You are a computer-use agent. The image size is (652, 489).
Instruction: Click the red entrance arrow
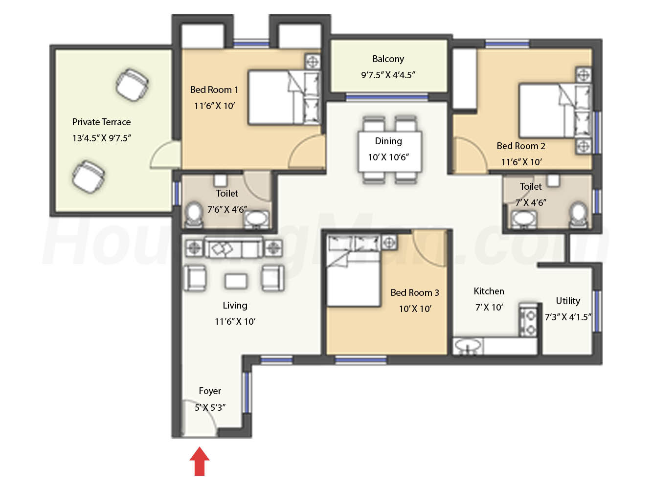click(x=199, y=461)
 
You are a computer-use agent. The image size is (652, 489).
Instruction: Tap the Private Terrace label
click(x=101, y=122)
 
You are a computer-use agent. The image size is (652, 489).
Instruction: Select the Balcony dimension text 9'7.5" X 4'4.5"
click(x=388, y=75)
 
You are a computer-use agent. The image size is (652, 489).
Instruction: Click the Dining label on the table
click(x=388, y=141)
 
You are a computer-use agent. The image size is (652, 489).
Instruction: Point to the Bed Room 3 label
click(x=415, y=293)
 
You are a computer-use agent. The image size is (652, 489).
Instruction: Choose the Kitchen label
click(x=489, y=291)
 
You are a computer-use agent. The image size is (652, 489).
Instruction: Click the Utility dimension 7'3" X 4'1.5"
click(x=568, y=317)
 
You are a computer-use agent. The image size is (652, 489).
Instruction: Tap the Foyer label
click(x=210, y=391)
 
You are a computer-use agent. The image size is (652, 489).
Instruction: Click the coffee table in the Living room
click(x=236, y=281)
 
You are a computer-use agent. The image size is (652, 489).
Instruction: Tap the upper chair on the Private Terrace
click(x=132, y=85)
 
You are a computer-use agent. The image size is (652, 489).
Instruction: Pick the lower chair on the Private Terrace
click(x=89, y=177)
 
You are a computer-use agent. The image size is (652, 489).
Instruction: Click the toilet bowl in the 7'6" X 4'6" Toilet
click(x=194, y=214)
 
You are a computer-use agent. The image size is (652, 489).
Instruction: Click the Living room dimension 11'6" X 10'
click(x=235, y=322)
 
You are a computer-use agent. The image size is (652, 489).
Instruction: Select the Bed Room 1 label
click(x=214, y=89)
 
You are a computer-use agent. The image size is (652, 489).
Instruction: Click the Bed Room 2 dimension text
click(x=521, y=162)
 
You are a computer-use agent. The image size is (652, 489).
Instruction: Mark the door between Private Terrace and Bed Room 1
click(x=165, y=155)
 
